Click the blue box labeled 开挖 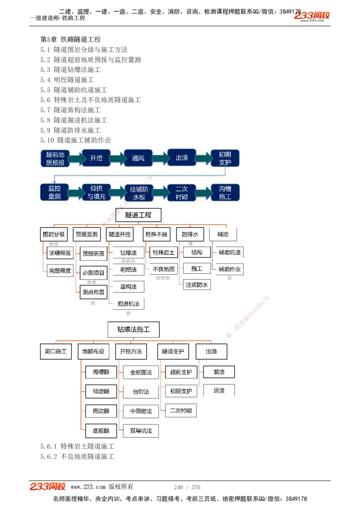(x=96, y=158)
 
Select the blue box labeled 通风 (x=138, y=158)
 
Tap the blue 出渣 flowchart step (x=182, y=158)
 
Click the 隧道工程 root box (x=138, y=215)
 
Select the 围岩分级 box (x=54, y=234)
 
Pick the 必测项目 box (x=93, y=272)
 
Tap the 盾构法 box (x=128, y=286)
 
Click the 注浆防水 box (x=197, y=285)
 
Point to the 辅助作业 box (x=229, y=269)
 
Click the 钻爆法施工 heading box (x=134, y=329)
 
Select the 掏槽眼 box (x=101, y=372)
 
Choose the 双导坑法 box (x=141, y=431)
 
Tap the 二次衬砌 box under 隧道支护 (x=181, y=410)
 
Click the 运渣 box (x=219, y=390)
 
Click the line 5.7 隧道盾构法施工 (x=71, y=110)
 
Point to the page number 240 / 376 (x=187, y=487)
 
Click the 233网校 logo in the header (x=312, y=16)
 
